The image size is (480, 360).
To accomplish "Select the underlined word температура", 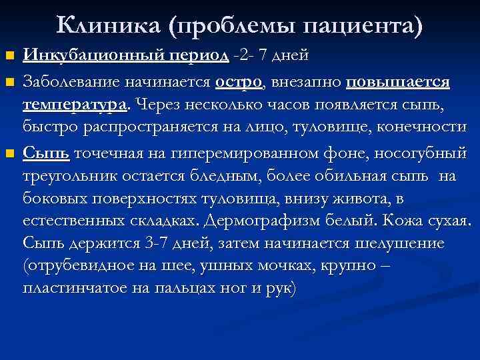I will tap(77, 105).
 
